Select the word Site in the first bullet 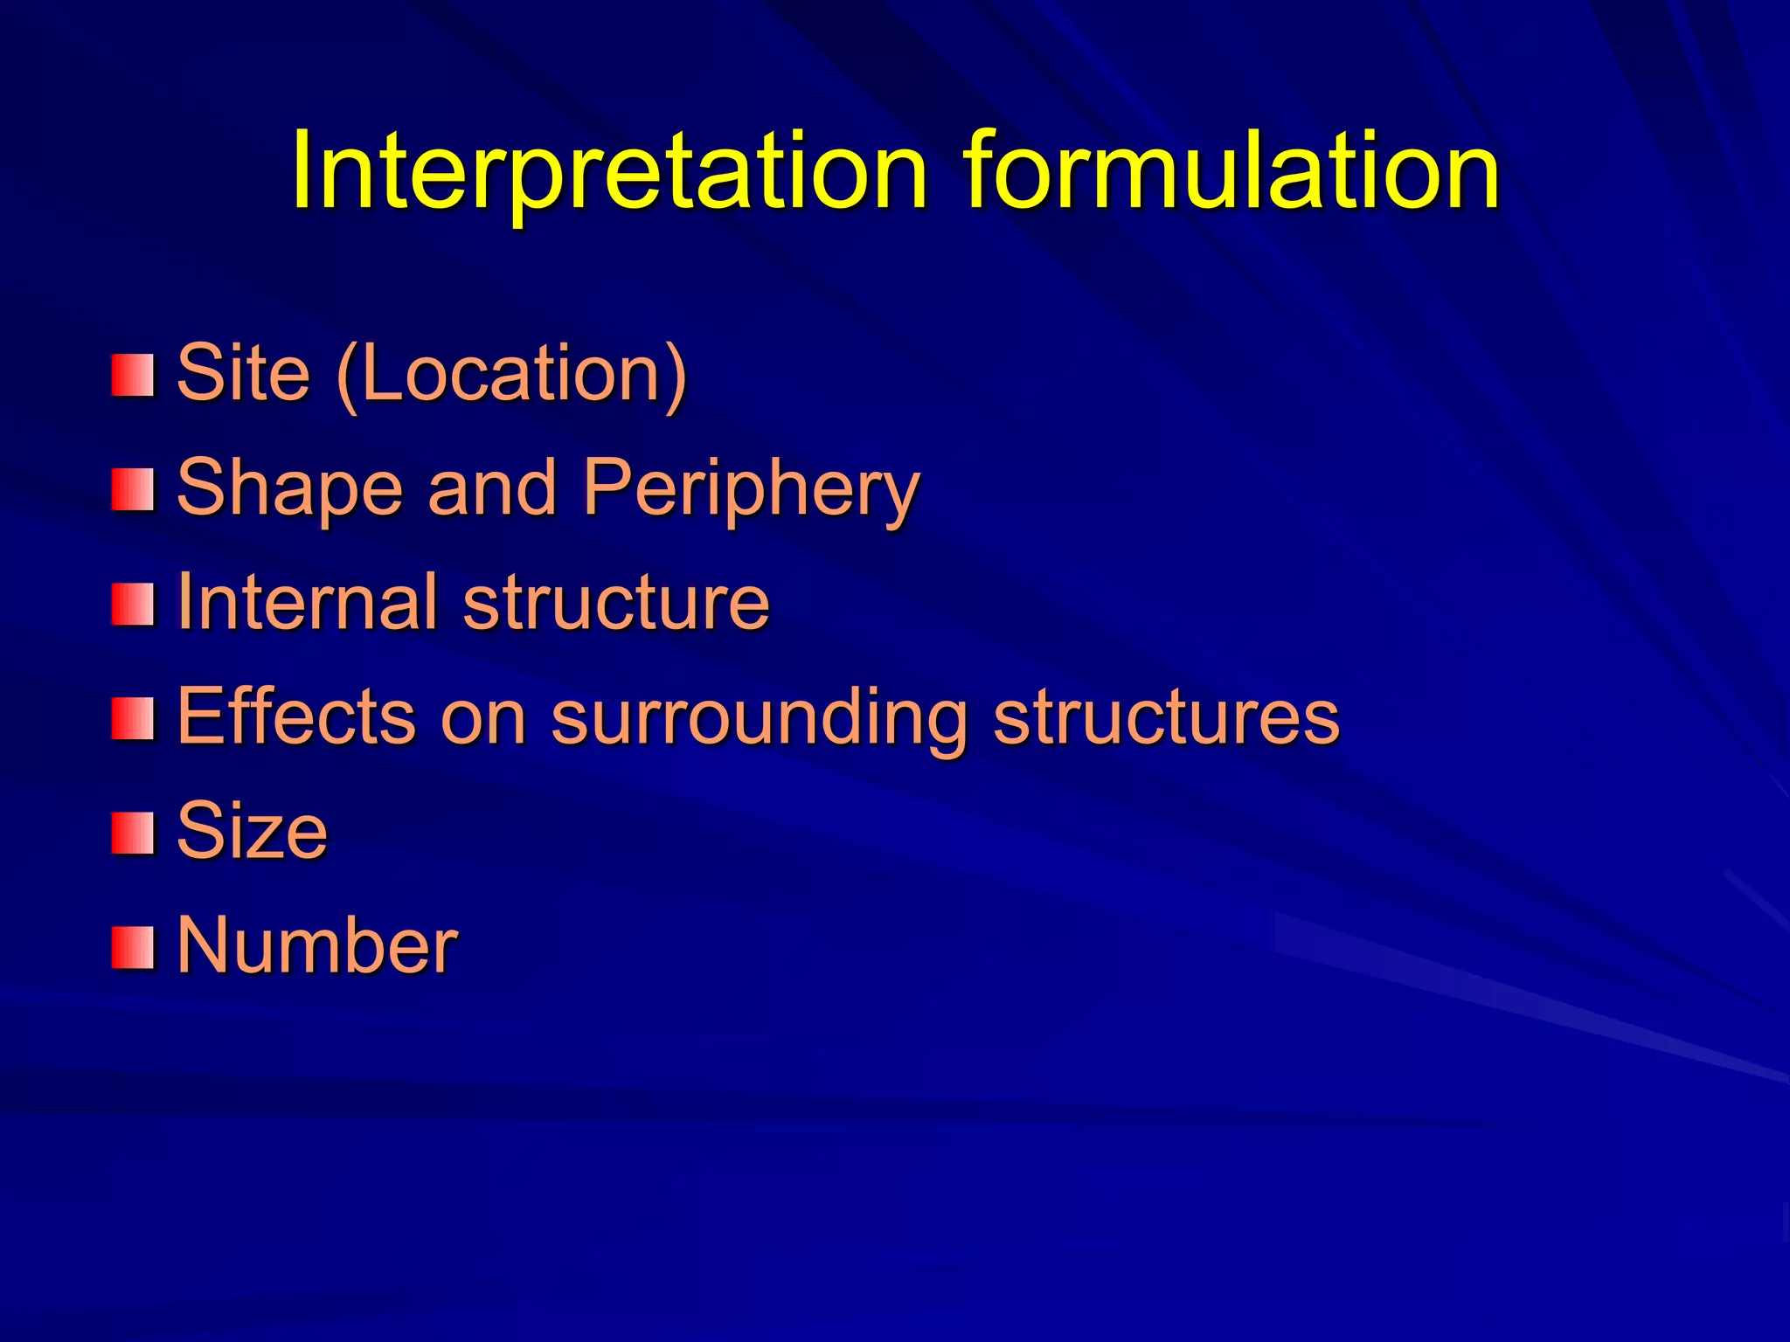tap(243, 373)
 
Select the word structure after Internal tap(616, 603)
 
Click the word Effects tap(295, 716)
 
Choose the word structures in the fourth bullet tap(1166, 716)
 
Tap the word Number tap(317, 945)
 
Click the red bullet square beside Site tap(133, 375)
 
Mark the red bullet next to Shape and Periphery tap(133, 489)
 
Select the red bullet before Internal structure tap(133, 605)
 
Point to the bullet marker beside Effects tap(133, 718)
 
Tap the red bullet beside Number tap(133, 948)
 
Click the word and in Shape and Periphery tap(492, 488)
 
